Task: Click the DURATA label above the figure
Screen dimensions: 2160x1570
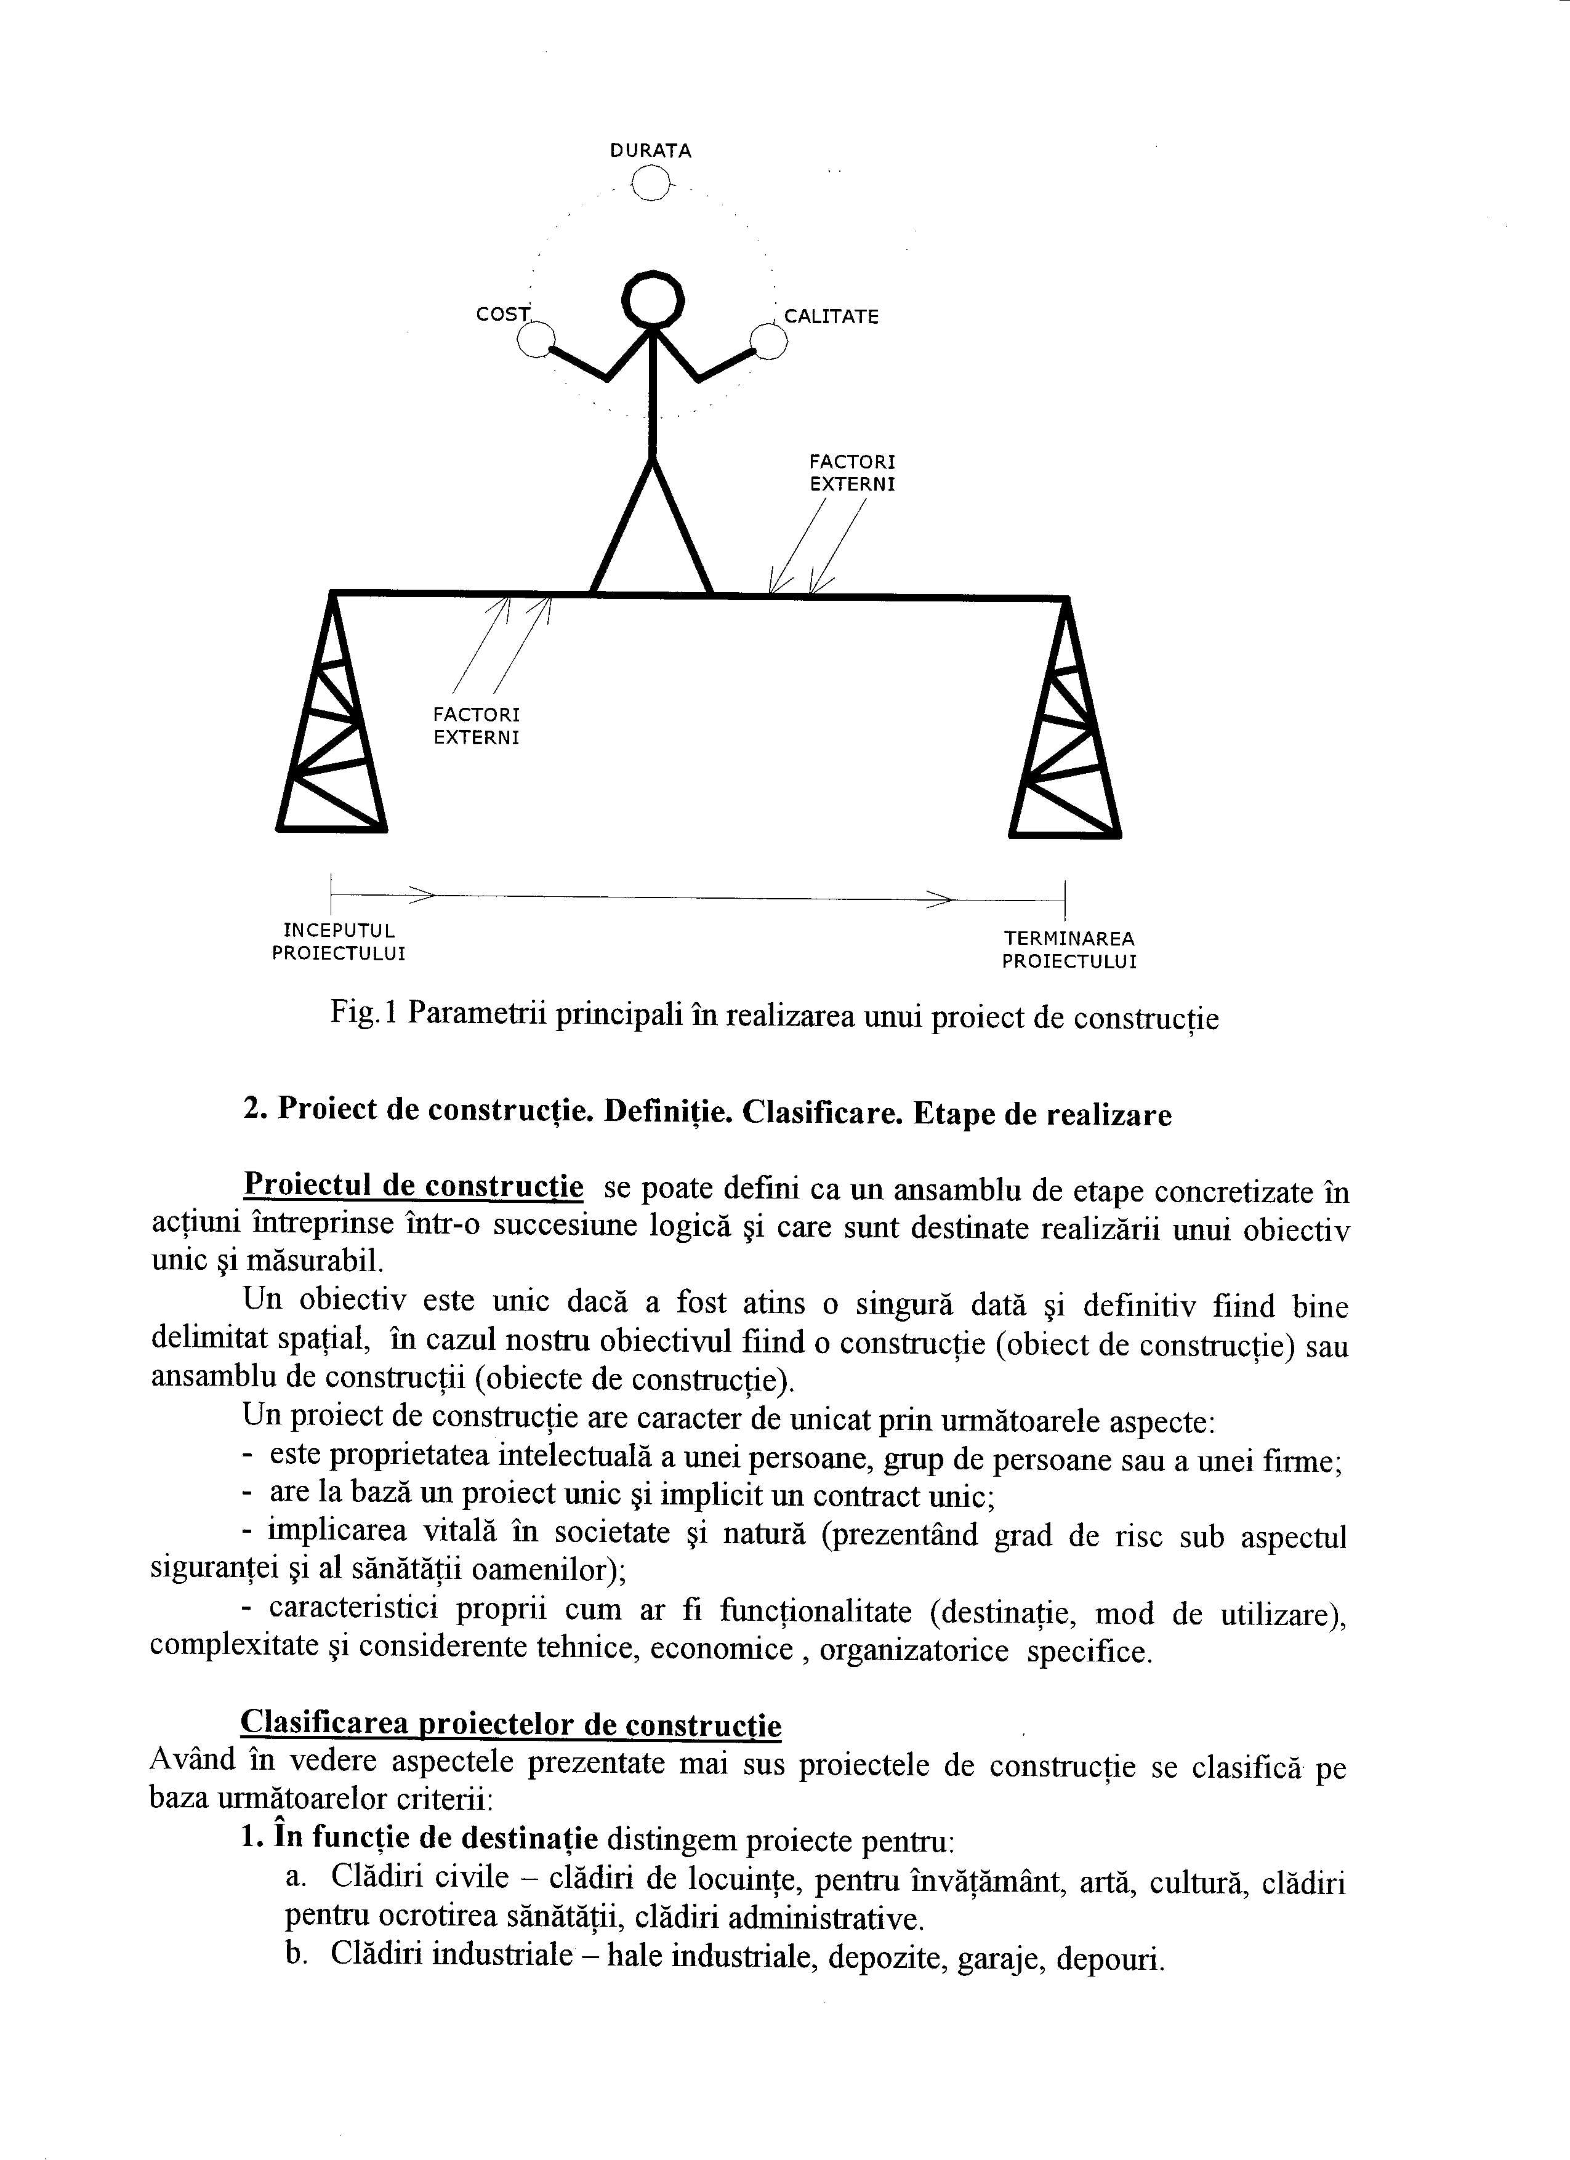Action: click(x=651, y=150)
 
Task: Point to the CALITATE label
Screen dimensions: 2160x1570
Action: click(x=831, y=317)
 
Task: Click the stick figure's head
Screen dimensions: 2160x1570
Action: click(x=653, y=299)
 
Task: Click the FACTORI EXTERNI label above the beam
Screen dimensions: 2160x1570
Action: click(x=851, y=472)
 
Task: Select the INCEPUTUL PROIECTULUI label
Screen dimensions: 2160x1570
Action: click(x=338, y=941)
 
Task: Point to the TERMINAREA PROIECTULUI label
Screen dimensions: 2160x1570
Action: click(x=1069, y=950)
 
